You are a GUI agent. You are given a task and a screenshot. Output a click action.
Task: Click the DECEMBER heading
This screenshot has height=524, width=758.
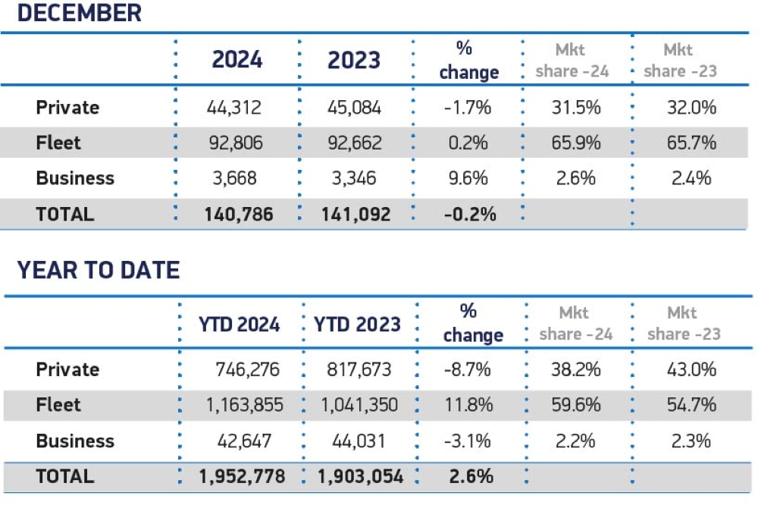(x=80, y=13)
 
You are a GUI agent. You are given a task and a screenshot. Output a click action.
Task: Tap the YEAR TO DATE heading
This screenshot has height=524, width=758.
(x=99, y=269)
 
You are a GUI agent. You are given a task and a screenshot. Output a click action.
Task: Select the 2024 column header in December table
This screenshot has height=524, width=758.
(x=236, y=59)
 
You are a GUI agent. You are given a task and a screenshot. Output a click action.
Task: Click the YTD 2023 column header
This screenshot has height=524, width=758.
(x=357, y=324)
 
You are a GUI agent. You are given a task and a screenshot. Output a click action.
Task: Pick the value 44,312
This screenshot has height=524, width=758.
(x=234, y=108)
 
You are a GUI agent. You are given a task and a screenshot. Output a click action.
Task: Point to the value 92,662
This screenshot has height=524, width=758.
(x=355, y=143)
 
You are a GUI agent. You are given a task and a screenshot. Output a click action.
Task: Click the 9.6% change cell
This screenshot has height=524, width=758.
(x=468, y=178)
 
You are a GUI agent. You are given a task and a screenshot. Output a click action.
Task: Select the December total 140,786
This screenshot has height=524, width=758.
(x=239, y=214)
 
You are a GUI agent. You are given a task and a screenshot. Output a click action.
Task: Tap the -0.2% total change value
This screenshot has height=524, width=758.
(x=470, y=214)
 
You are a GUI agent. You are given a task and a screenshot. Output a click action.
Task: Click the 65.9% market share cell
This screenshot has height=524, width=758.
(x=576, y=143)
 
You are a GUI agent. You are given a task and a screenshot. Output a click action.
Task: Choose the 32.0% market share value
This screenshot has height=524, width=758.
(x=691, y=108)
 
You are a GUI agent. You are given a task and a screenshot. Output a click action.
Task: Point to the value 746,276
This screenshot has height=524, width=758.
(x=248, y=369)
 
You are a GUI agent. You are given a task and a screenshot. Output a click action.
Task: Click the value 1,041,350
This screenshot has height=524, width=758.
(x=359, y=405)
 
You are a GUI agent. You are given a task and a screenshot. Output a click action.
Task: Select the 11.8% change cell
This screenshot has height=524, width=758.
(x=468, y=405)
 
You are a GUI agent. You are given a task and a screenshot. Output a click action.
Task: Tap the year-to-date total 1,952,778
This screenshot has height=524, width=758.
(x=242, y=476)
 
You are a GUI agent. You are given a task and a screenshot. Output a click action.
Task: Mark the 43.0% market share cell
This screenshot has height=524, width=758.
(x=691, y=369)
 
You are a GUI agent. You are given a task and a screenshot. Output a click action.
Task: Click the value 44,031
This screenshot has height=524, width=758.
(x=359, y=441)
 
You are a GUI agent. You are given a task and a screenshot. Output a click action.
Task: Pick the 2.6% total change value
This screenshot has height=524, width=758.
(x=471, y=476)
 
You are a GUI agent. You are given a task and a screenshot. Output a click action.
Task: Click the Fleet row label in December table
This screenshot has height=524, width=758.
(x=58, y=143)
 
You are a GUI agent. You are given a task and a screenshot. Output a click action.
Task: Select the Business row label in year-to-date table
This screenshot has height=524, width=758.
(x=75, y=441)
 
